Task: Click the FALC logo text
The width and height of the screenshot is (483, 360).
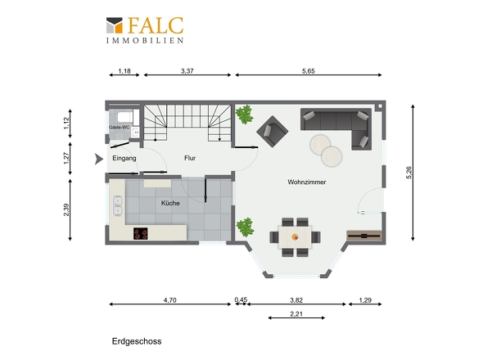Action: point(156,25)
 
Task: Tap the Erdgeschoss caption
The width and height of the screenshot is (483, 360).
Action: point(137,341)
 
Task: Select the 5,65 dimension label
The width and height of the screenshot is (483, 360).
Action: point(309,71)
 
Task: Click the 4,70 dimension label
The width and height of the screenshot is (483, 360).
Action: point(170,300)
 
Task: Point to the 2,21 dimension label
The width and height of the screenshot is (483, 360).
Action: point(296,314)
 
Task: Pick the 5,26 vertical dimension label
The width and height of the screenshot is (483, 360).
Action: point(409,173)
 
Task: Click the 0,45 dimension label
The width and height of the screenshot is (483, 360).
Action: point(241,299)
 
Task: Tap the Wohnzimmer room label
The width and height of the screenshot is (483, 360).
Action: point(307,182)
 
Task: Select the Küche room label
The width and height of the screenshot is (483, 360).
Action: point(170,203)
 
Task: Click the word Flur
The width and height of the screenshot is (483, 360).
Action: point(190,158)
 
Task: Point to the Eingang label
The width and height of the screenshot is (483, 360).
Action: point(124,158)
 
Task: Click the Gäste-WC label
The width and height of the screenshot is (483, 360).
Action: point(120,127)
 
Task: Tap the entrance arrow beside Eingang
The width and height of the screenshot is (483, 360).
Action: point(98,159)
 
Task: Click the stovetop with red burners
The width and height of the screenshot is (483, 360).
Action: point(141,233)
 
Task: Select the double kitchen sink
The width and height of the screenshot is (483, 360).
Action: point(118,205)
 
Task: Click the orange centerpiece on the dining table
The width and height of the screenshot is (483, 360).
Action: point(295,236)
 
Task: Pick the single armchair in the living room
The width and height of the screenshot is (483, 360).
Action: point(273,131)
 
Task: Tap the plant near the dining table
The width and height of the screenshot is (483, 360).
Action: point(246,227)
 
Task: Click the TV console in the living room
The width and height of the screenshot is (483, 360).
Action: point(364,236)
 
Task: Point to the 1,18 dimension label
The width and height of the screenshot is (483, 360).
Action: point(124,71)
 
